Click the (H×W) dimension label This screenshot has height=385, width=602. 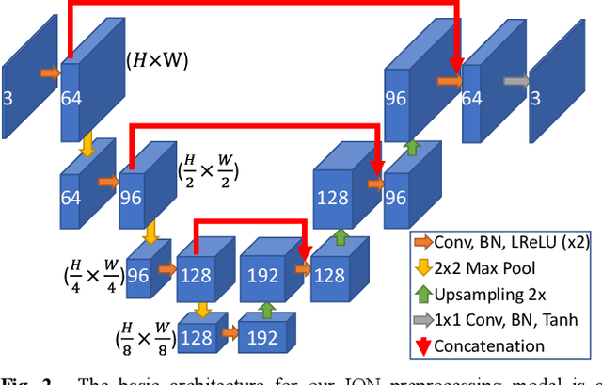click(x=158, y=62)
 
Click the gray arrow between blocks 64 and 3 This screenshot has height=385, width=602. click(x=516, y=81)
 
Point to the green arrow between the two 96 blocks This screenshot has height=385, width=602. click(x=410, y=147)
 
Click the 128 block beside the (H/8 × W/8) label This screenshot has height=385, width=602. click(x=197, y=337)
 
